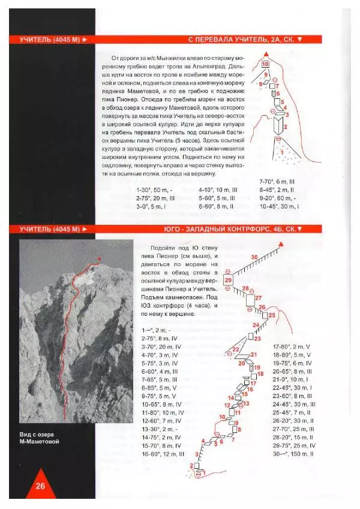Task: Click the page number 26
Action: (x=41, y=486)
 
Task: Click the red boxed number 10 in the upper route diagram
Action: (x=265, y=63)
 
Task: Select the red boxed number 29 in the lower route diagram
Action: (x=228, y=280)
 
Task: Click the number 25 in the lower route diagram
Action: (x=272, y=315)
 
